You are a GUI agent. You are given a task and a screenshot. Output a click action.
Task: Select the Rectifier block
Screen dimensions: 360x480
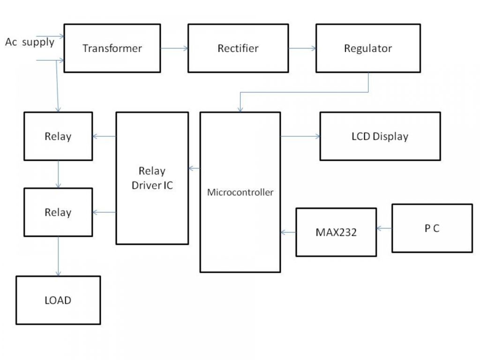point(238,48)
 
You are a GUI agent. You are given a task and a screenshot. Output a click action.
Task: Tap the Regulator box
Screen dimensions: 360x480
point(367,48)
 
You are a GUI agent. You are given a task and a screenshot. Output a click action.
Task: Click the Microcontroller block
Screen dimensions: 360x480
point(240,192)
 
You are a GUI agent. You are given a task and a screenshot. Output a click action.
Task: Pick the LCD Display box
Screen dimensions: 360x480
point(380,136)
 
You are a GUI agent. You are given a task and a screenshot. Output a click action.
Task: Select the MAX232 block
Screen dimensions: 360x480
point(336,232)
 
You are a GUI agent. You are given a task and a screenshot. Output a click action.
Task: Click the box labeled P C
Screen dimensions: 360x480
point(432,228)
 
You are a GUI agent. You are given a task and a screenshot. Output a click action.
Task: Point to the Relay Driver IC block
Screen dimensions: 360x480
point(152,178)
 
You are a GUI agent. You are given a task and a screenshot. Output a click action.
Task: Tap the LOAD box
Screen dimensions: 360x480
point(58,300)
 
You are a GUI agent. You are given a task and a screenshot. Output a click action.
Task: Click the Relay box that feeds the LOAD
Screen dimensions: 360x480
point(58,212)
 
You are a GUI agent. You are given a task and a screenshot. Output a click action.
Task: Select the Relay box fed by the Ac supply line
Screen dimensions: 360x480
point(58,136)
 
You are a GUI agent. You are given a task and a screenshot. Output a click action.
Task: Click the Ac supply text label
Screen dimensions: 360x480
point(30,42)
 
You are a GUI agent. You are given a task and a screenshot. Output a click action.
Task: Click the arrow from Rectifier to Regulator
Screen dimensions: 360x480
point(302,48)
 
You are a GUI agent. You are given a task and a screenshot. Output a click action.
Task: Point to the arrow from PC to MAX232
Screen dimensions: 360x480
point(384,228)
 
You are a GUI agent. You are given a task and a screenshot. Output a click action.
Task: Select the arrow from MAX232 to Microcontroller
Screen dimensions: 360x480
point(288,232)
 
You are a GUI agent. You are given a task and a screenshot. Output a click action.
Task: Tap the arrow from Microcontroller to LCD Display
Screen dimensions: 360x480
point(300,136)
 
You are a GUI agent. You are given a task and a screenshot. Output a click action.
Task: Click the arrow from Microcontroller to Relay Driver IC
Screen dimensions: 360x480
point(194,168)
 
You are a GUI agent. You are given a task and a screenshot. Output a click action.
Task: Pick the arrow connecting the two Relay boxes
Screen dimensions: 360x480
point(58,174)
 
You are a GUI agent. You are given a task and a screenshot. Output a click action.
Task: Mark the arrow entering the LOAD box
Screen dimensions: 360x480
point(58,256)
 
